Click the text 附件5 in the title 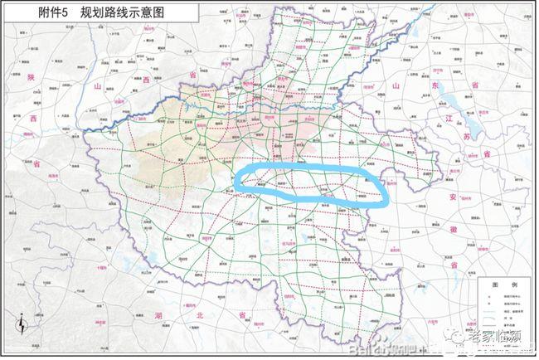43,14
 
